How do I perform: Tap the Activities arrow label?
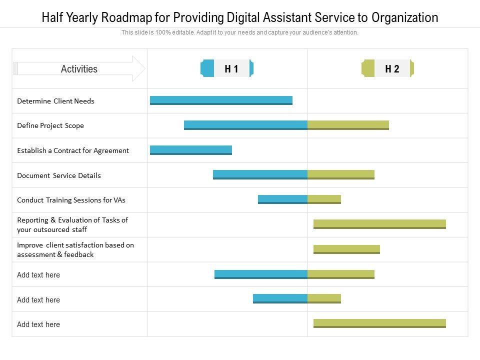coord(79,69)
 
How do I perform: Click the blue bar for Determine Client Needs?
coord(221,100)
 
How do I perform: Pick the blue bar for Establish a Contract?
coord(191,150)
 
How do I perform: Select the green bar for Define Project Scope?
coord(348,125)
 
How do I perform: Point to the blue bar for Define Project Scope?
coord(245,125)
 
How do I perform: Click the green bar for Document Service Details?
coord(341,174)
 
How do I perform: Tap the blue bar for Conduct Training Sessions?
coord(282,199)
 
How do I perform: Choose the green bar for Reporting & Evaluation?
coord(379,224)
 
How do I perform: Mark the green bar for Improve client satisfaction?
coord(346,249)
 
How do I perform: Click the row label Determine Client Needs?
coord(55,101)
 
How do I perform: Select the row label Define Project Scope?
coord(50,125)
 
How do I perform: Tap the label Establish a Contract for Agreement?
coord(73,150)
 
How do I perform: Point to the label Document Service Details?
coord(59,175)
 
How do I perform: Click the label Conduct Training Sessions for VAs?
coord(71,200)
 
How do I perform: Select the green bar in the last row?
coord(379,323)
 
